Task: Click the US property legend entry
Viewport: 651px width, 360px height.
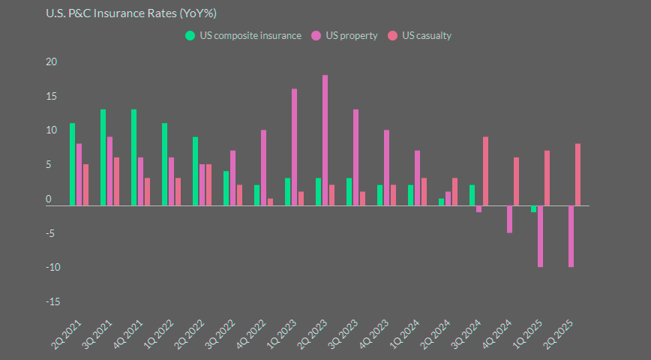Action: point(344,35)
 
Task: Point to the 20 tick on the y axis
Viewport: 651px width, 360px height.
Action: point(51,62)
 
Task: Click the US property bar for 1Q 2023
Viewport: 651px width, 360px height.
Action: point(294,147)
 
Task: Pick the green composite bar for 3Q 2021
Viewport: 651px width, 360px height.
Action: point(103,157)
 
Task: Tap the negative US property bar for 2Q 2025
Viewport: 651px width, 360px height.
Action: point(571,236)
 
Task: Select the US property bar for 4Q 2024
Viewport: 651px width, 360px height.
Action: point(509,219)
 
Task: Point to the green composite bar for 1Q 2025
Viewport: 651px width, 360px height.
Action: point(534,209)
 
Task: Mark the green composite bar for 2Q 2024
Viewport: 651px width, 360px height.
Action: point(442,202)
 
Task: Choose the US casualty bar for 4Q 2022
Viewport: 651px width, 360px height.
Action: point(270,202)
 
